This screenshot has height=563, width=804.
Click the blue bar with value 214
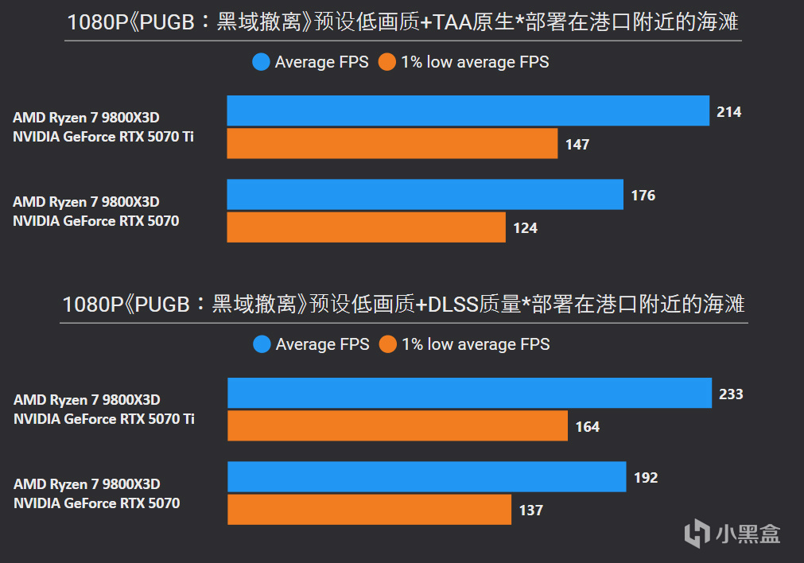point(468,111)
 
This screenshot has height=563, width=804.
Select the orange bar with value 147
point(392,144)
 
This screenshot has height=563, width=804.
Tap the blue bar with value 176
point(425,195)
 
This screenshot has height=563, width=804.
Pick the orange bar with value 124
point(366,227)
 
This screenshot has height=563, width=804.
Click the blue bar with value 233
point(469,393)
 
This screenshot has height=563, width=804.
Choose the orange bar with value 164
point(397,426)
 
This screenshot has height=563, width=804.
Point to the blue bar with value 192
point(426,477)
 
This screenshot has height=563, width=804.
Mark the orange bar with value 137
point(369,510)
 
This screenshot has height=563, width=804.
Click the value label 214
point(728,112)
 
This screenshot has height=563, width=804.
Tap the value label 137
point(531,511)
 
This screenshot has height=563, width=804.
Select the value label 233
point(730,394)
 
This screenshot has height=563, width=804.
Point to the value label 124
point(525,228)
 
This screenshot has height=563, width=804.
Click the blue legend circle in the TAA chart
point(261,62)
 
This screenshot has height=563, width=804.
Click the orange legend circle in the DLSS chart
point(387,344)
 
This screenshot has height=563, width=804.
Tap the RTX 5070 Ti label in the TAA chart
point(103,137)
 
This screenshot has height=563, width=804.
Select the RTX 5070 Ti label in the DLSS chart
point(104,418)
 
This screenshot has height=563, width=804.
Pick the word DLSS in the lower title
point(453,305)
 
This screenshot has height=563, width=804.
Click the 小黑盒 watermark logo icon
point(697,533)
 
